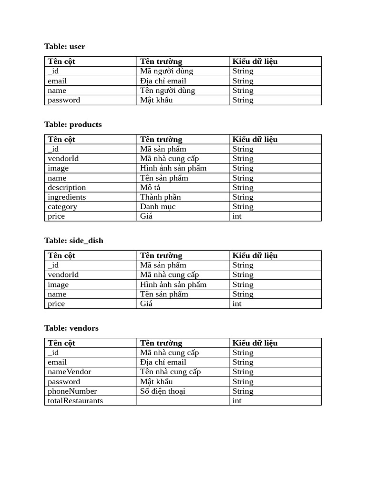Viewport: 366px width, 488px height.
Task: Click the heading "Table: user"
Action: click(x=65, y=46)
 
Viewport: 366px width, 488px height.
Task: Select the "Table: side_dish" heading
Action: click(x=74, y=240)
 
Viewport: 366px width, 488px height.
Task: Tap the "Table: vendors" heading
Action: click(x=71, y=328)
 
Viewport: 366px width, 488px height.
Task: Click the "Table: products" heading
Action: click(x=73, y=124)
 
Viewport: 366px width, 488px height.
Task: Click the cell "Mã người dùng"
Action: click(x=166, y=71)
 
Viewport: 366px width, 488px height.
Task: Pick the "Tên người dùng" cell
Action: click(x=167, y=91)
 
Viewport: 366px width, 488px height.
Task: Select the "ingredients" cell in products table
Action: click(x=67, y=197)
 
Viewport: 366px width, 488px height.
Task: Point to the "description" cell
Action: click(x=67, y=187)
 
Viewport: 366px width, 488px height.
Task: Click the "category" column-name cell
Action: click(x=62, y=206)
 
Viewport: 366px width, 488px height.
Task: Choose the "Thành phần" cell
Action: click(x=160, y=197)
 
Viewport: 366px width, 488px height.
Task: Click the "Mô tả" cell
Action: click(x=150, y=187)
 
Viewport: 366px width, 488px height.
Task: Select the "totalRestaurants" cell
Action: click(x=75, y=400)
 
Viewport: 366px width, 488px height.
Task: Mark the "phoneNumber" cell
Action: click(x=72, y=391)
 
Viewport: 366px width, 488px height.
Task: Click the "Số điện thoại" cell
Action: click(x=163, y=391)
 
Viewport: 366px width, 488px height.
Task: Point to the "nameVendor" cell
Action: click(x=70, y=372)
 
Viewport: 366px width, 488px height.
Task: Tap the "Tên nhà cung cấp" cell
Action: click(x=170, y=372)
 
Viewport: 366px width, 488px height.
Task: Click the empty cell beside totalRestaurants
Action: click(x=183, y=400)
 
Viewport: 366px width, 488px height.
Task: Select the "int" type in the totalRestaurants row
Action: click(x=237, y=400)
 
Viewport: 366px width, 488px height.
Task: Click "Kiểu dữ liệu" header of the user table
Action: click(x=255, y=61)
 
